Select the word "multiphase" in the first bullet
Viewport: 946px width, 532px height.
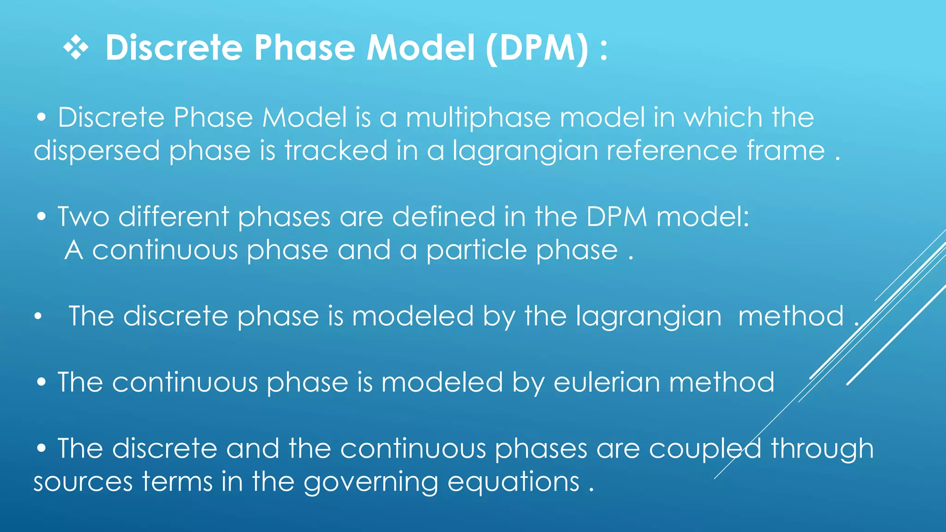(x=478, y=118)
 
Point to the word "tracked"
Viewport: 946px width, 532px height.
(x=336, y=151)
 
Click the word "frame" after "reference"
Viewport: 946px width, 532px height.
(x=786, y=151)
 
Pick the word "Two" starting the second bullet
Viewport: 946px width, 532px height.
(x=83, y=217)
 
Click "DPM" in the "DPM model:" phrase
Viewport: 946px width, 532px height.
(x=617, y=217)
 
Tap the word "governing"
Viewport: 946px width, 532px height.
(x=370, y=483)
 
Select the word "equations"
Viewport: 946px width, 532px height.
(x=513, y=483)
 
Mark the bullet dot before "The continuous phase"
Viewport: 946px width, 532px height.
(x=42, y=383)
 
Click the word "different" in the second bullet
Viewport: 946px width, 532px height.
(x=174, y=217)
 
